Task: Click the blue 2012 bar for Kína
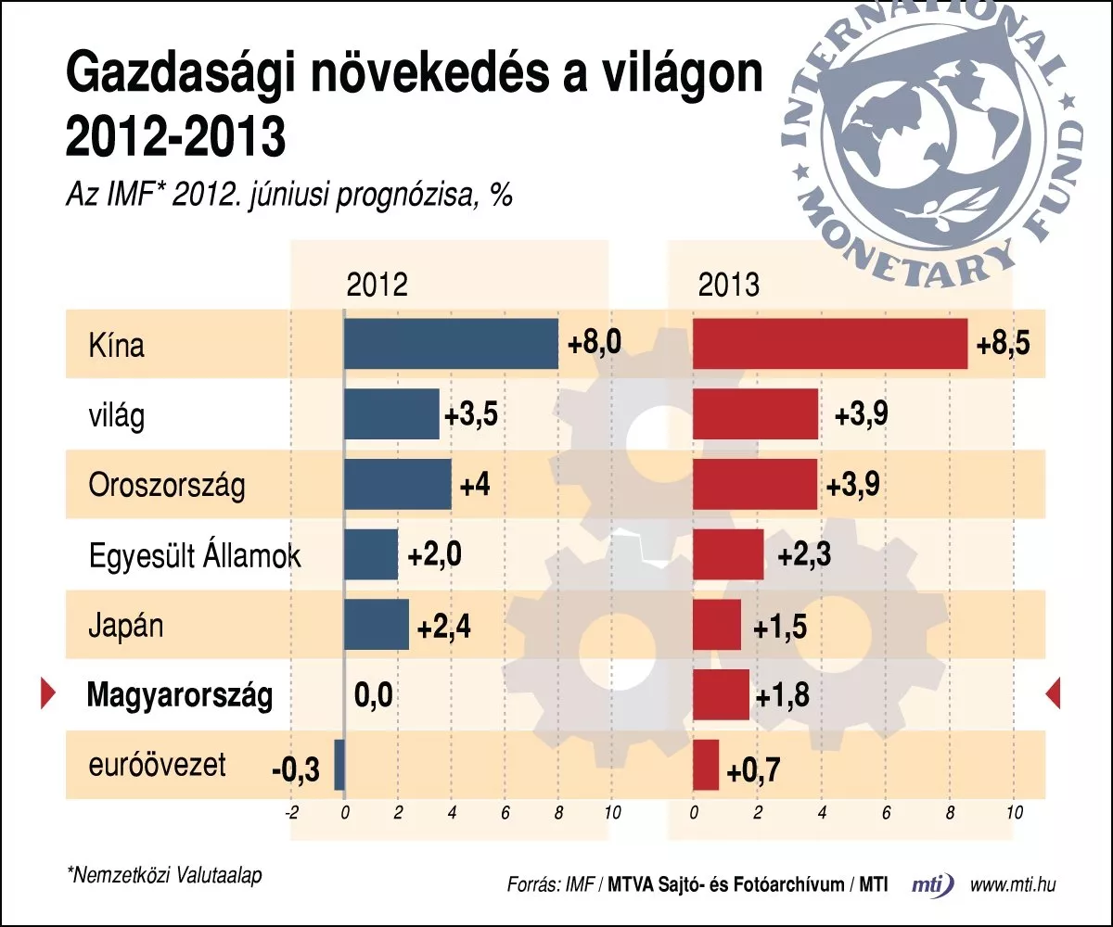pyautogui.click(x=451, y=344)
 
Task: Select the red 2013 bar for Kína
pyautogui.click(x=830, y=344)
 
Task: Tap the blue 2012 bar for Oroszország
pyautogui.click(x=398, y=484)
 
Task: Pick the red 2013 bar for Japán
pyautogui.click(x=717, y=625)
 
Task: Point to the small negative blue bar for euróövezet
pyautogui.click(x=339, y=765)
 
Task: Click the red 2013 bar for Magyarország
pyautogui.click(x=722, y=694)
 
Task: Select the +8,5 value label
pyautogui.click(x=1004, y=344)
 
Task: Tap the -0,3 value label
pyautogui.click(x=296, y=769)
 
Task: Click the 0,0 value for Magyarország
pyautogui.click(x=373, y=695)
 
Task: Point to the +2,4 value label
pyautogui.click(x=444, y=627)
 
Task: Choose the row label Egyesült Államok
pyautogui.click(x=195, y=555)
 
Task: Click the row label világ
pyautogui.click(x=117, y=415)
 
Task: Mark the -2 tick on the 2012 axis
pyautogui.click(x=291, y=813)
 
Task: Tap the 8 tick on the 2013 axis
pyautogui.click(x=950, y=813)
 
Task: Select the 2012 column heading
pyautogui.click(x=377, y=285)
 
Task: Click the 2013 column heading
pyautogui.click(x=729, y=285)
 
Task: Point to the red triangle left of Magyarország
pyautogui.click(x=48, y=694)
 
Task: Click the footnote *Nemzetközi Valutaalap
pyautogui.click(x=165, y=875)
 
